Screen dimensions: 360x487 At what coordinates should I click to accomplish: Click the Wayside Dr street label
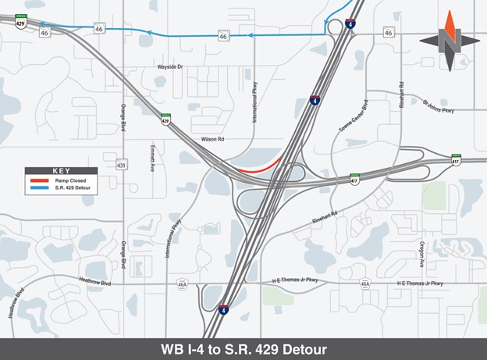point(169,67)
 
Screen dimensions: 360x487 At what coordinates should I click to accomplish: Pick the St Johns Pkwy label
point(438,106)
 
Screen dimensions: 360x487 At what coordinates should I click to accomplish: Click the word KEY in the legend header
point(61,170)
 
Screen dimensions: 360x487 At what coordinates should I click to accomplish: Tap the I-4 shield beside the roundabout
point(350,23)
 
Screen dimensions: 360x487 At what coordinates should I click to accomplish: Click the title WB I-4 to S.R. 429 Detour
point(243,348)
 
